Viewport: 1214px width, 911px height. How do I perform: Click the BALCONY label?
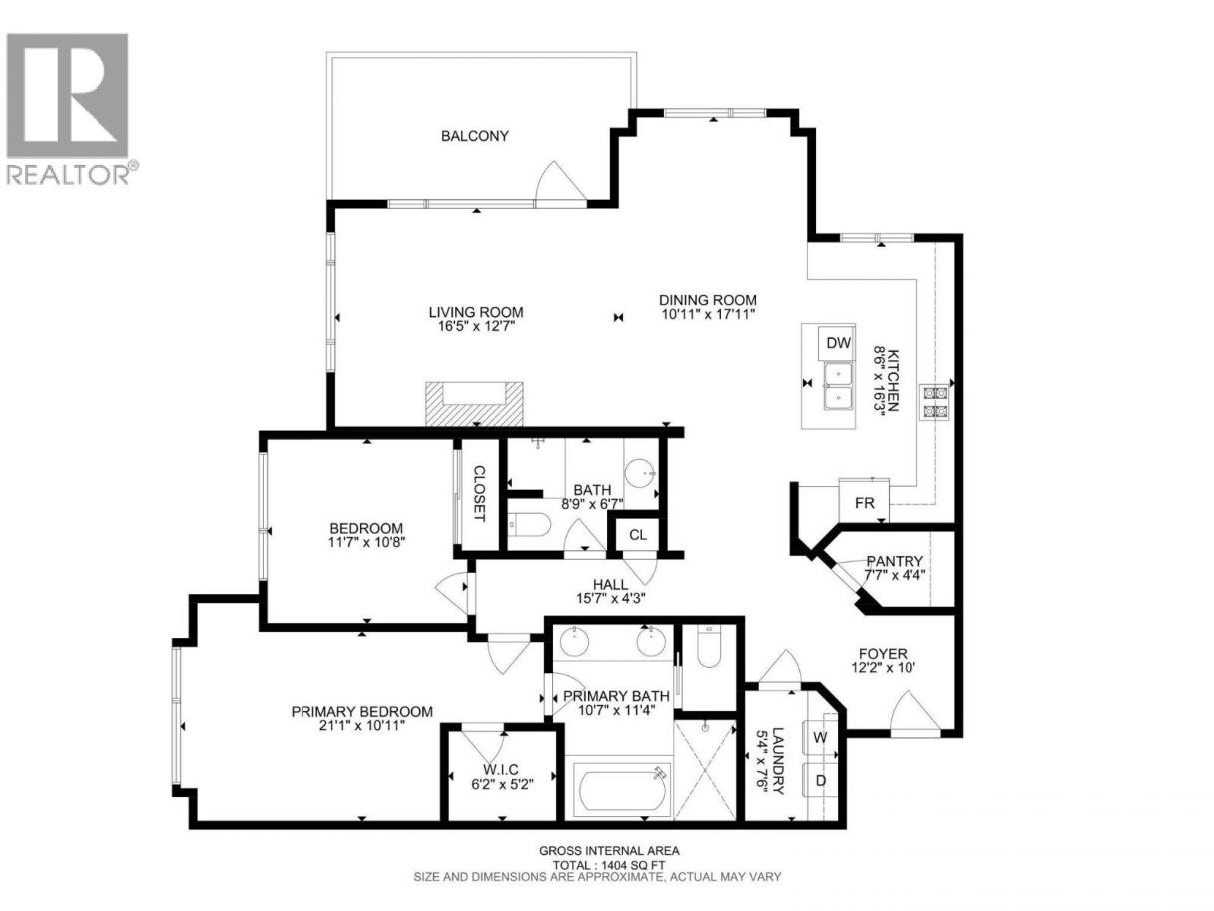tap(474, 136)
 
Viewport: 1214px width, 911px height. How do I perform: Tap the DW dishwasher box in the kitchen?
tap(838, 343)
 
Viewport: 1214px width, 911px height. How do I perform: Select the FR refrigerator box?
tap(864, 503)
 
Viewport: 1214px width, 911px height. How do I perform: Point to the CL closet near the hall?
tap(637, 534)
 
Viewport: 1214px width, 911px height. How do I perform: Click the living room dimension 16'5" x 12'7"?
tap(476, 327)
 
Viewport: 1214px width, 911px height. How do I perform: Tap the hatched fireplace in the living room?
tap(474, 404)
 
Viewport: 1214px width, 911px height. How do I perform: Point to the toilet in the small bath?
tap(529, 524)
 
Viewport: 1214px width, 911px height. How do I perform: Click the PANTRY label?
tap(895, 562)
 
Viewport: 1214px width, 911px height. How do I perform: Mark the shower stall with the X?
tap(705, 770)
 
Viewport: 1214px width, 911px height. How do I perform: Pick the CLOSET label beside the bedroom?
tap(479, 493)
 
